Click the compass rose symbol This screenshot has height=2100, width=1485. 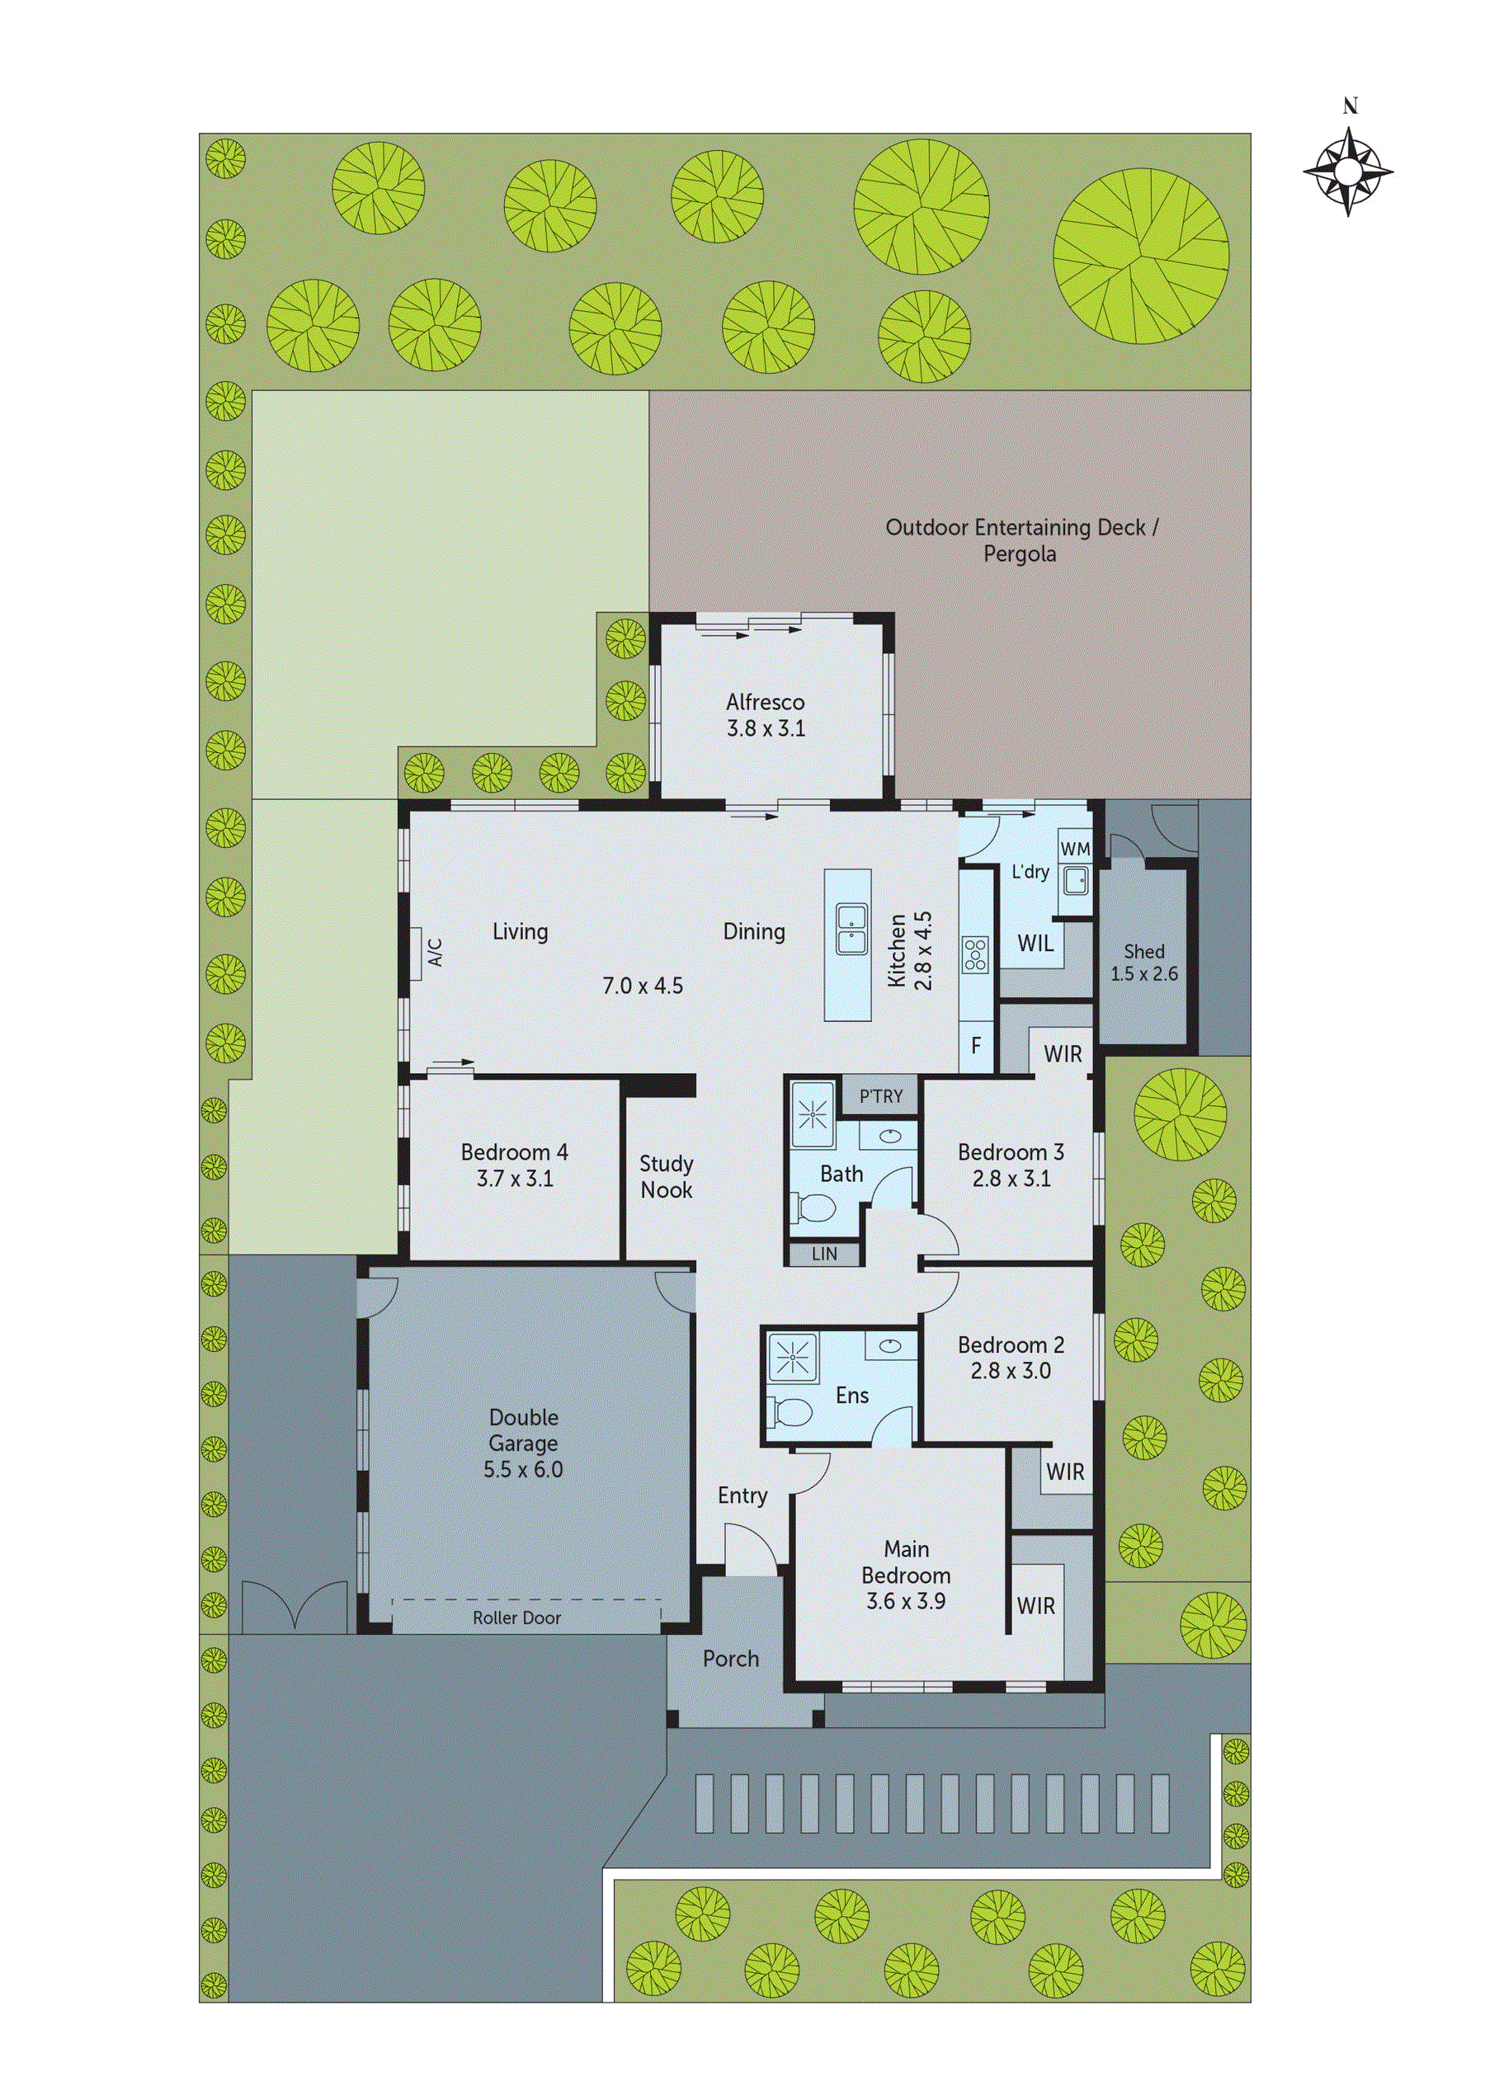point(1348,171)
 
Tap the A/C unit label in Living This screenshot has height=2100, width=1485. point(436,952)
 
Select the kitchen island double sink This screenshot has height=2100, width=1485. point(851,929)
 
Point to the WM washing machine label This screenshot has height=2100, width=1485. point(1075,849)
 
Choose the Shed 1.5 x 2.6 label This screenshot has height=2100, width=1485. point(1143,963)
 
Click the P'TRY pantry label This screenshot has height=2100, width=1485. point(880,1095)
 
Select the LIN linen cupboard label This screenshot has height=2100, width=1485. point(823,1254)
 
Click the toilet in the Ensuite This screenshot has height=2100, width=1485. point(791,1413)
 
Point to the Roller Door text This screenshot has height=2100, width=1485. point(517,1618)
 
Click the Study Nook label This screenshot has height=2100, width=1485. point(666,1176)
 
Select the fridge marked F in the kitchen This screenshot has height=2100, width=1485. point(976,1044)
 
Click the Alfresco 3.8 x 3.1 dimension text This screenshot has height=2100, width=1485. point(766,728)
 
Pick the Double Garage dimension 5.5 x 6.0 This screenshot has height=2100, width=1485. point(523,1469)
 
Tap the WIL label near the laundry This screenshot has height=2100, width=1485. point(1035,943)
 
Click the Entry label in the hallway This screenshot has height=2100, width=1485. point(742,1495)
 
